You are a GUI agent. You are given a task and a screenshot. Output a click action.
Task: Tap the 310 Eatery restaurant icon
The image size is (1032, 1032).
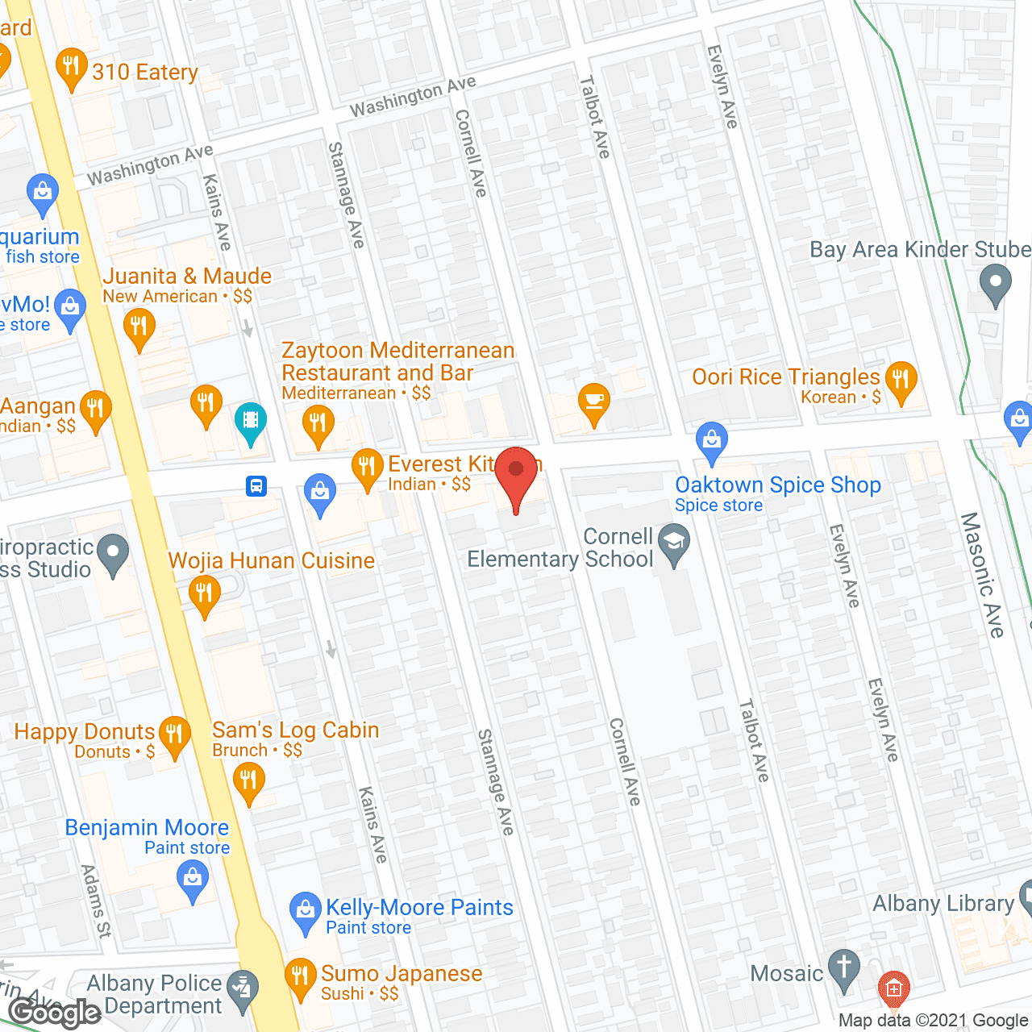(72, 68)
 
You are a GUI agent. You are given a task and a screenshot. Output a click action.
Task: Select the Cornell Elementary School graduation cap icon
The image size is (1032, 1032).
(674, 543)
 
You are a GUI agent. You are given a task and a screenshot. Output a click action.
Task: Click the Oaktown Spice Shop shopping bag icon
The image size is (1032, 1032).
(711, 441)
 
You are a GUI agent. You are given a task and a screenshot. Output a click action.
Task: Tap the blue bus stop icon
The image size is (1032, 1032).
(256, 486)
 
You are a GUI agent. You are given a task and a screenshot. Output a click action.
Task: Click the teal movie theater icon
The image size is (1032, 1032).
(251, 421)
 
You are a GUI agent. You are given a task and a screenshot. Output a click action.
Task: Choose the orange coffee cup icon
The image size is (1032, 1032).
(594, 402)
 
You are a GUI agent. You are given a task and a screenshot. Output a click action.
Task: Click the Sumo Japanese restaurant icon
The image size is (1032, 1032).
(300, 977)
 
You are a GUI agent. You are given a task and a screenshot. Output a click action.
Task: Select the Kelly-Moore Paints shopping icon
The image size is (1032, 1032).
(305, 911)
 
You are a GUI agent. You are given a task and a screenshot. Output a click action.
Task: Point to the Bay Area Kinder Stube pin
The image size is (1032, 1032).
(995, 285)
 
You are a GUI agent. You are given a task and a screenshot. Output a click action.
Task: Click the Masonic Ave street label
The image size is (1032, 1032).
(983, 574)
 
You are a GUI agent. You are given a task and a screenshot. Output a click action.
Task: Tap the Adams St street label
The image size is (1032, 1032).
(96, 901)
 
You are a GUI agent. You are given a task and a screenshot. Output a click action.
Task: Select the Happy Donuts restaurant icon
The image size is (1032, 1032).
(173, 735)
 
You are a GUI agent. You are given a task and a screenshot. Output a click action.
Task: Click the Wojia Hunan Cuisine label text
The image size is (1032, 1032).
(271, 560)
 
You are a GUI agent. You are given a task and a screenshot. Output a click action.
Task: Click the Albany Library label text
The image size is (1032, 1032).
(943, 904)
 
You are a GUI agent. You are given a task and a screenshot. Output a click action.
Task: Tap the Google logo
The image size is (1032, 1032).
(55, 1012)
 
